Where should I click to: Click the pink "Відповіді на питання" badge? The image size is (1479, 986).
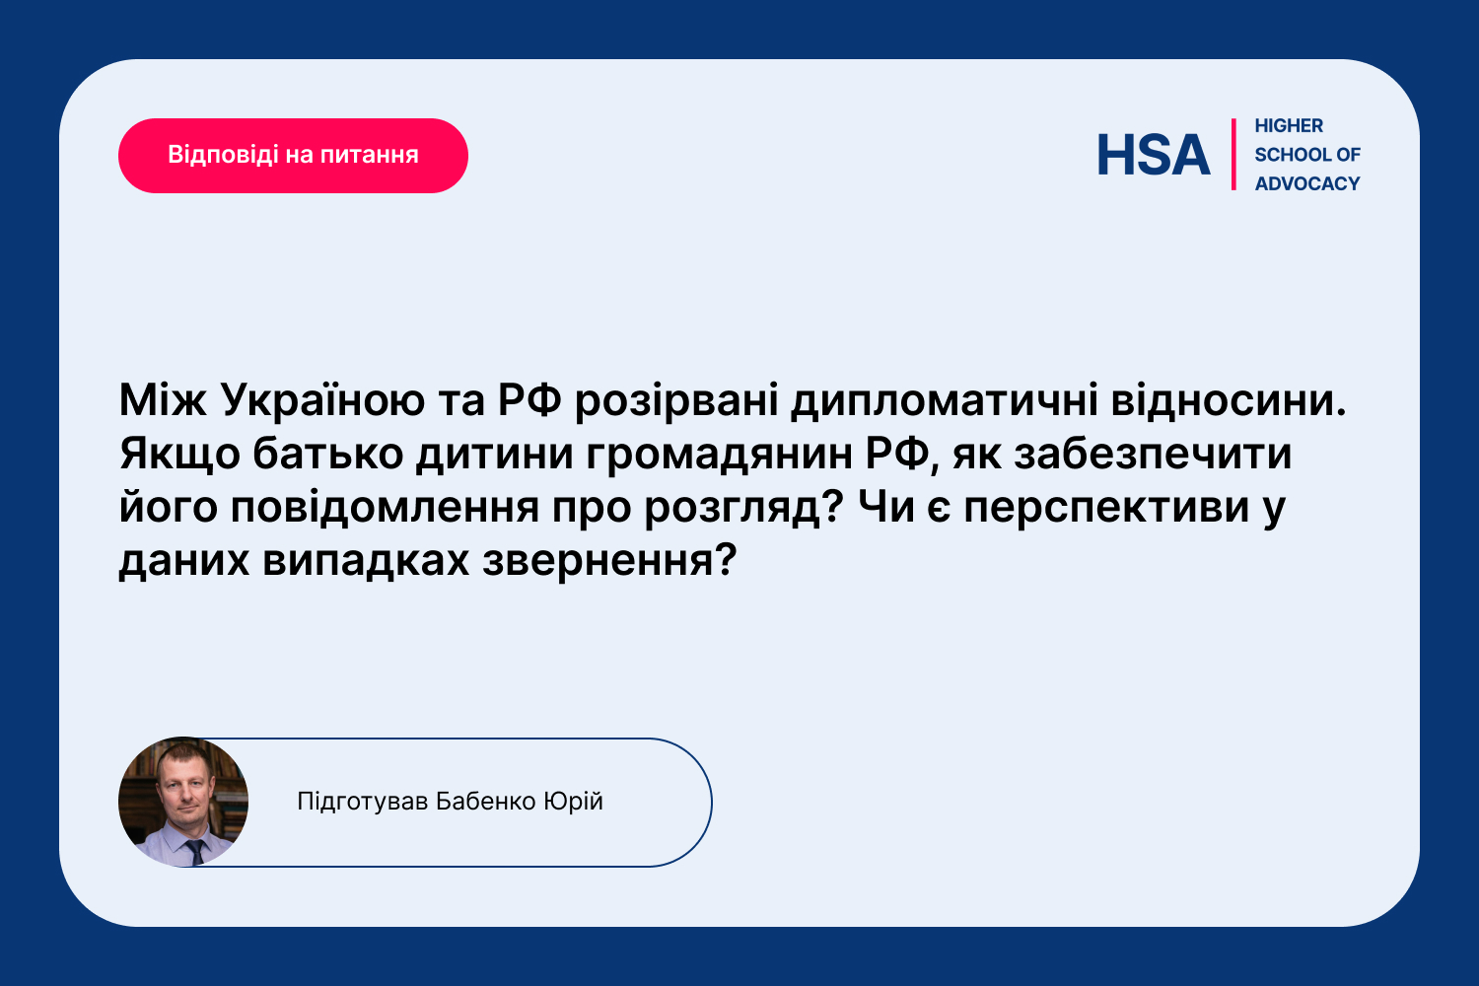coord(293,156)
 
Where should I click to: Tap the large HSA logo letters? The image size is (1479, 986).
coord(1154,155)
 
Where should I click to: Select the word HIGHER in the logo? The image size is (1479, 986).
coord(1288,125)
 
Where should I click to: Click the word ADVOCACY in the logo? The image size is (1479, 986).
coord(1307,183)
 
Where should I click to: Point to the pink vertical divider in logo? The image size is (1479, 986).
coord(1233,155)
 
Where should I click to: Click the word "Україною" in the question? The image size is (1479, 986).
coord(322,400)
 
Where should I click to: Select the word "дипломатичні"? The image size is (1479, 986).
coord(945,401)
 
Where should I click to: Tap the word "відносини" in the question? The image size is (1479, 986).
coord(1229,400)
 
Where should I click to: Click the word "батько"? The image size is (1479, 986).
coord(327,454)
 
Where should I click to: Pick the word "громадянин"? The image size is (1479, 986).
coord(720,455)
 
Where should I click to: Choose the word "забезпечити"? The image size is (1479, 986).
coord(1153,454)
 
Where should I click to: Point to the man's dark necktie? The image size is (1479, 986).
coord(195,852)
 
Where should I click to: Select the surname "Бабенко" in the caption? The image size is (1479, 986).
coord(485,802)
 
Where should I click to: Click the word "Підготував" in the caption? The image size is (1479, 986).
coord(363,802)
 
